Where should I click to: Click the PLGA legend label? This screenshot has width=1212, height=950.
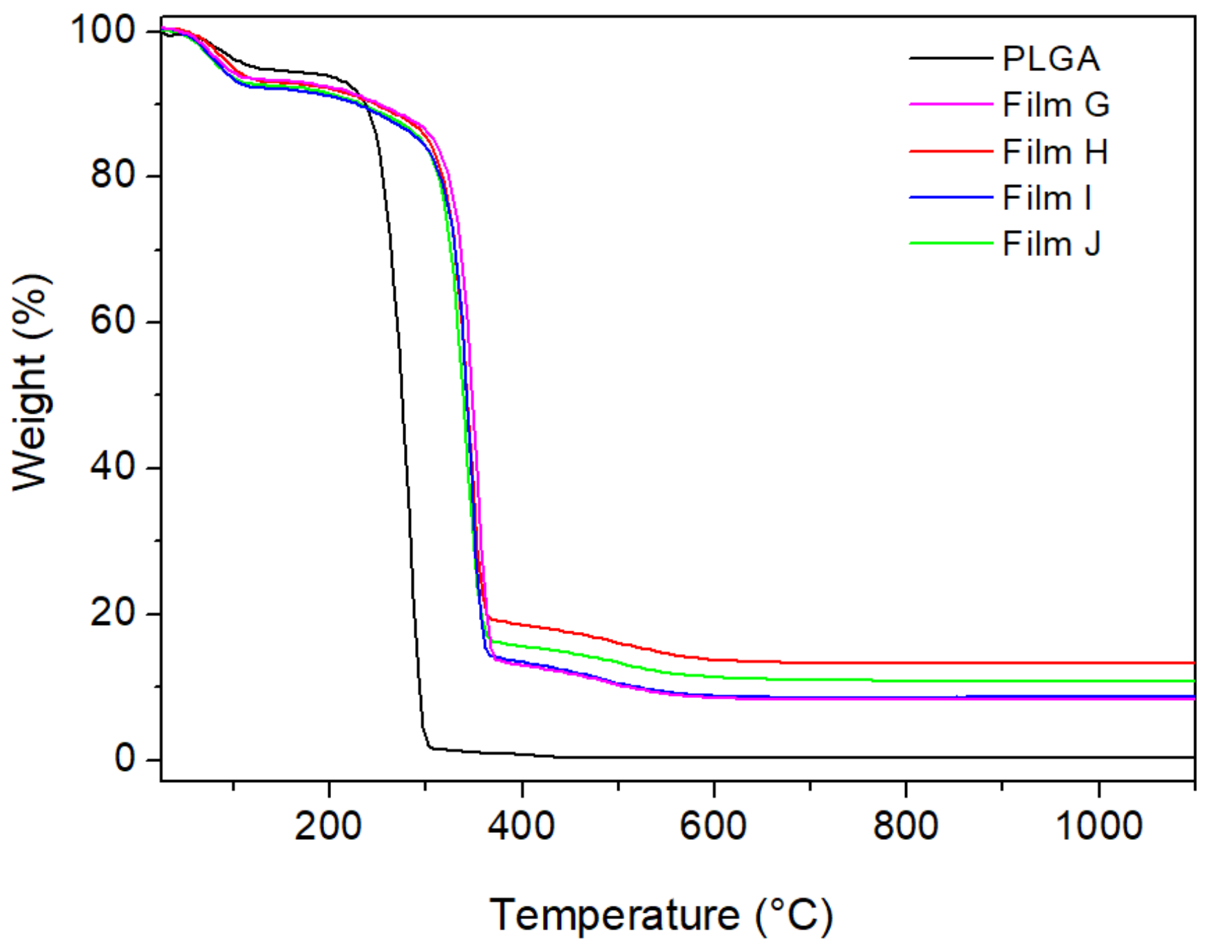click(x=1050, y=59)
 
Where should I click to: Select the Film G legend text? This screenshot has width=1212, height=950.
click(x=1055, y=105)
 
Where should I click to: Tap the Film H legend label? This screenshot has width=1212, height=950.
click(x=1054, y=152)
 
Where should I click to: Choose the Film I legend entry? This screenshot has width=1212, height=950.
click(x=1046, y=198)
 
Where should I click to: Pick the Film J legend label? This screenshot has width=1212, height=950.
click(x=1051, y=244)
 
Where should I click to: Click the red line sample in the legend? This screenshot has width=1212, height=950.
click(x=950, y=151)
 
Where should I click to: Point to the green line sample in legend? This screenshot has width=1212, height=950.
click(x=950, y=243)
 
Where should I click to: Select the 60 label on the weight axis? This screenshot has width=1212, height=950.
click(x=113, y=321)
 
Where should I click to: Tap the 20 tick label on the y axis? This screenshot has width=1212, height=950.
click(x=113, y=613)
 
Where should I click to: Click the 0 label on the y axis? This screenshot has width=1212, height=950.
click(x=125, y=759)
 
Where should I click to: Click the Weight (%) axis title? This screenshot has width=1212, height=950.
click(x=31, y=382)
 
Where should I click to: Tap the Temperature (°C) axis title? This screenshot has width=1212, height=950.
click(x=661, y=916)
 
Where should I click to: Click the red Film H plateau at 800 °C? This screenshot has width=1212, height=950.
click(x=906, y=663)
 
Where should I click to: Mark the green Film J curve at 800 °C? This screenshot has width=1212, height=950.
click(x=906, y=681)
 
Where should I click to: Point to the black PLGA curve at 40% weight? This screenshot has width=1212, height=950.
click(x=405, y=467)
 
